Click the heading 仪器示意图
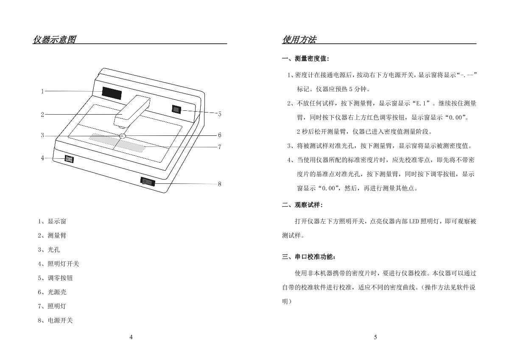[54, 40]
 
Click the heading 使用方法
[299, 40]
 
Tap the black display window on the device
[112, 94]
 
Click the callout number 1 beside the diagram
[42, 91]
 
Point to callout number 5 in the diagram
[220, 114]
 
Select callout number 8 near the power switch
[220, 184]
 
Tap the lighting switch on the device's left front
[69, 159]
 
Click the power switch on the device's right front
[148, 182]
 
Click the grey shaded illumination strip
[117, 143]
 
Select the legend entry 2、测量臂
[52, 236]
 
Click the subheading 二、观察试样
[302, 205]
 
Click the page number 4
[131, 337]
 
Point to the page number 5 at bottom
[375, 337]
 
